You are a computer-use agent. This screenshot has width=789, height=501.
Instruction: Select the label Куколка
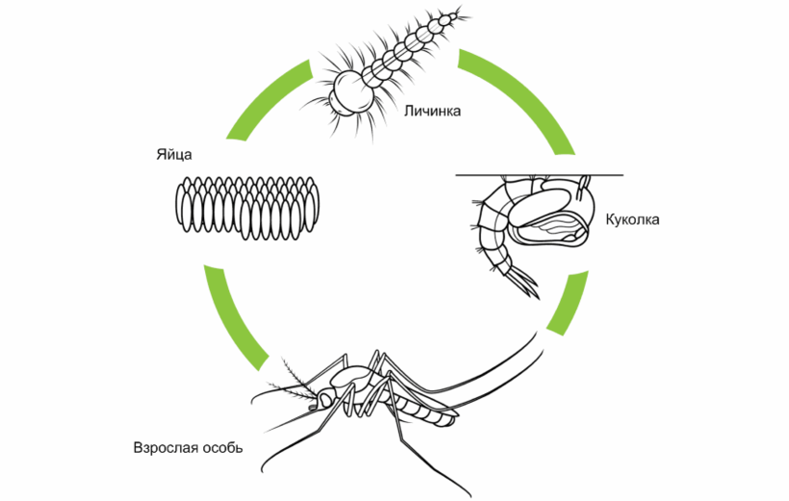(632, 219)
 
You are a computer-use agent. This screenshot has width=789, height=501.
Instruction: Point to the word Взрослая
(166, 447)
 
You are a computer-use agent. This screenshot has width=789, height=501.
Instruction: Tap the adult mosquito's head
(327, 396)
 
